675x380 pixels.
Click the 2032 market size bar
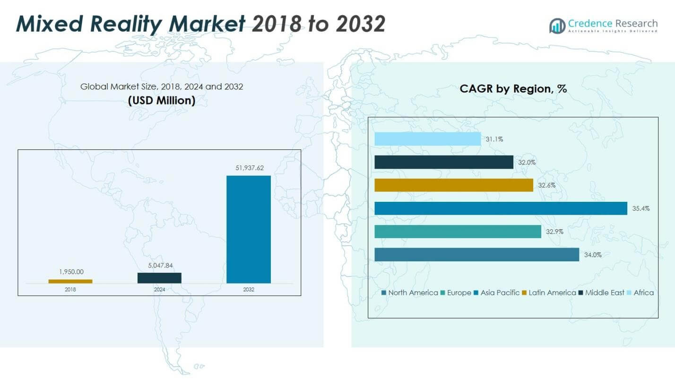249,229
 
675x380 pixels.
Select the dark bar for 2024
159,278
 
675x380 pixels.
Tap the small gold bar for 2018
70,281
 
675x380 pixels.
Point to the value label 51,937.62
249,168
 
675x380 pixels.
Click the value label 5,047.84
159,266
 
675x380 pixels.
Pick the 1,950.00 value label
70,272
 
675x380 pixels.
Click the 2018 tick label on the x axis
70,289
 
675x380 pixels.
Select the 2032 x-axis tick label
249,289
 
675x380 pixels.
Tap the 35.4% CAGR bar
501,208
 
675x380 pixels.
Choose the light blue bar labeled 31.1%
427,139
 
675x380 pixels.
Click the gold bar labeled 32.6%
454,185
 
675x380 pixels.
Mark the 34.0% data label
593,255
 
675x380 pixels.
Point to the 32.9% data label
554,232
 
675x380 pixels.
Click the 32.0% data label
527,162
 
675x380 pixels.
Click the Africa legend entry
640,293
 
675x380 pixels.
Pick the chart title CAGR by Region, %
513,89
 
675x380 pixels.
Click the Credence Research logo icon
557,26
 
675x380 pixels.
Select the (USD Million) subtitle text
161,101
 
